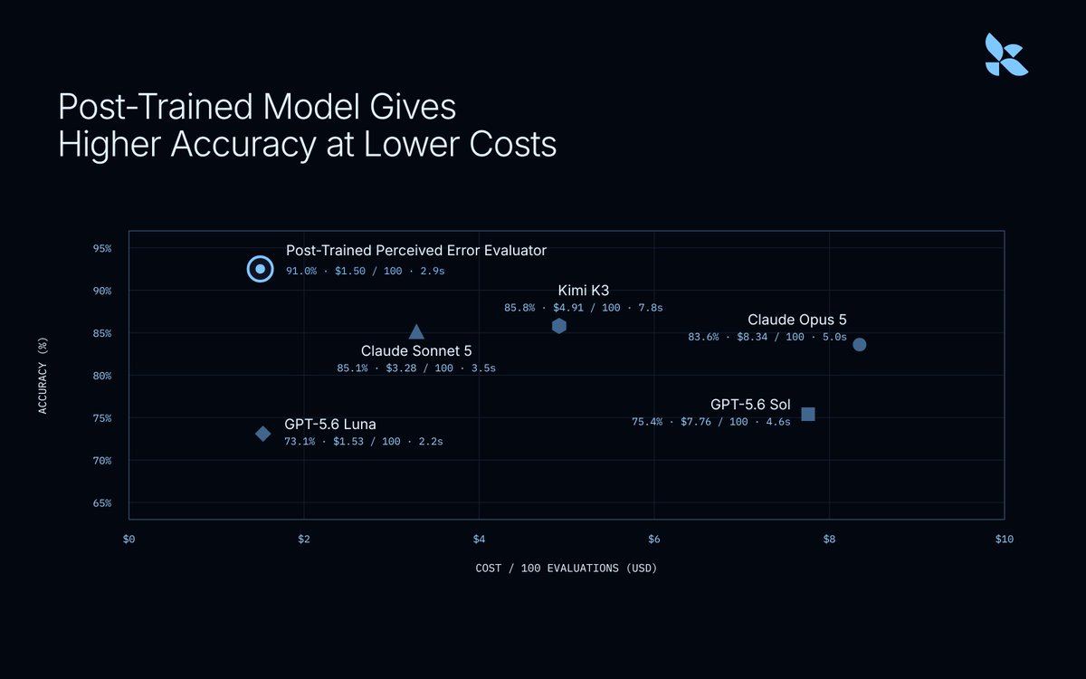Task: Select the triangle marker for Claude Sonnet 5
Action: [416, 332]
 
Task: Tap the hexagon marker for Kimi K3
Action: [559, 326]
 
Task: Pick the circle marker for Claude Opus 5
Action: [859, 344]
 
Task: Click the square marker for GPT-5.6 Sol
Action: [807, 414]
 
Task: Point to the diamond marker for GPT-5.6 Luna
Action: [262, 433]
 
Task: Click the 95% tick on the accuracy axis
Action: [102, 248]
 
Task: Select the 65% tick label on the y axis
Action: [102, 503]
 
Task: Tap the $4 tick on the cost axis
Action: [479, 539]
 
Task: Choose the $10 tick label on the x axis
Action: [1004, 539]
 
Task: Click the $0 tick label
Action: [129, 539]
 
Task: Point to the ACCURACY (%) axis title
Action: [43, 376]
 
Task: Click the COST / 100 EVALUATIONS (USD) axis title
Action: [567, 568]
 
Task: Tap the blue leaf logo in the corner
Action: [1006, 55]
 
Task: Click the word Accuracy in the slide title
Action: [243, 145]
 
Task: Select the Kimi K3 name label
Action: [583, 291]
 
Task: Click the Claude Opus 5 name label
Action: [797, 320]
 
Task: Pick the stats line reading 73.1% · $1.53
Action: [364, 442]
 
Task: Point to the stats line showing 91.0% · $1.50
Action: [365, 271]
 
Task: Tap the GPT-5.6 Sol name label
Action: [750, 405]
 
